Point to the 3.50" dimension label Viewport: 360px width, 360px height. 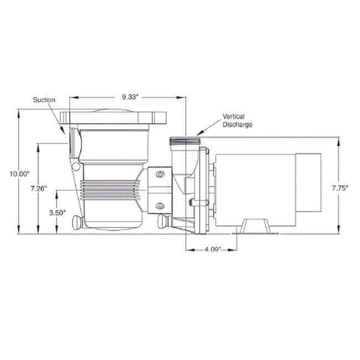pos(57,212)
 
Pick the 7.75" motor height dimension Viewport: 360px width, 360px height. pos(340,188)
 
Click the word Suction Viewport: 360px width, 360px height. pos(44,100)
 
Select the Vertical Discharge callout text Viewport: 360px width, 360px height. pos(237,121)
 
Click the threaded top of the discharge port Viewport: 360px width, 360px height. pos(184,142)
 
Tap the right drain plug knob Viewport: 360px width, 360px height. pos(162,223)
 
